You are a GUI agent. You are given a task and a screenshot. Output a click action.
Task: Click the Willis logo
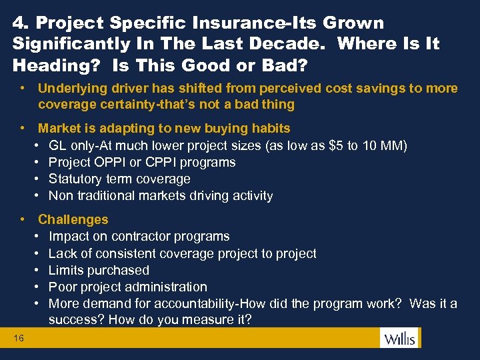(398, 338)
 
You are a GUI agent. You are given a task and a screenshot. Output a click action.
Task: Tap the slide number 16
(18, 339)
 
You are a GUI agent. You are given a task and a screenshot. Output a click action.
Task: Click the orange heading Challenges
(73, 219)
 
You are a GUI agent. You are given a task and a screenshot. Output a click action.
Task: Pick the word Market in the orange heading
(58, 128)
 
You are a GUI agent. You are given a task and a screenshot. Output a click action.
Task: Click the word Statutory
(75, 179)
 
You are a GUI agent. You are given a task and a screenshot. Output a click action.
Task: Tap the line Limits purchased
(99, 270)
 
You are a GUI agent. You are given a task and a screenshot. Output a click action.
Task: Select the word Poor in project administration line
(62, 287)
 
